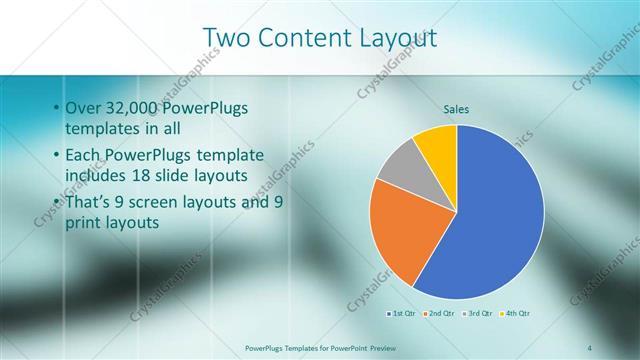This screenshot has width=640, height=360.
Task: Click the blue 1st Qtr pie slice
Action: (495, 220)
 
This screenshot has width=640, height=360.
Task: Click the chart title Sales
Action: (456, 109)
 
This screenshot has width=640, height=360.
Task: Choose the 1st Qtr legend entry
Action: (403, 313)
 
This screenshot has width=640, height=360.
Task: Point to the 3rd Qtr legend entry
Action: (479, 313)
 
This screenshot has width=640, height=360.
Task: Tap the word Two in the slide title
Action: (224, 38)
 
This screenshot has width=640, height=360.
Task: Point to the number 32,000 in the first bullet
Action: (136, 108)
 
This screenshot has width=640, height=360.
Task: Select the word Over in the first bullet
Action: (82, 108)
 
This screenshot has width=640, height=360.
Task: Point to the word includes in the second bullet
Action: (97, 177)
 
